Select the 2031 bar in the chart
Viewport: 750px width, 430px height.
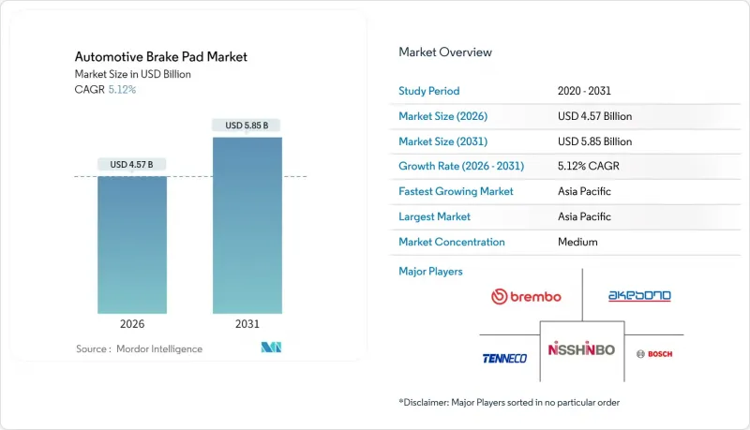pos(247,225)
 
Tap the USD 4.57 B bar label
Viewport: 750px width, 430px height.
pos(132,165)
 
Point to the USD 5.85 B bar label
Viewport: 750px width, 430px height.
pos(247,126)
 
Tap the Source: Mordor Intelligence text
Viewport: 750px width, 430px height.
pos(139,348)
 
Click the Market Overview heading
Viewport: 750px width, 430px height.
pos(444,52)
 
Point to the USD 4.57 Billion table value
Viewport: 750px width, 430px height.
pos(594,116)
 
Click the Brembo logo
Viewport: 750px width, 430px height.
pos(526,297)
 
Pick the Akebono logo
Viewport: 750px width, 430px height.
pos(639,296)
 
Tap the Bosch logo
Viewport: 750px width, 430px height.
pos(653,353)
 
